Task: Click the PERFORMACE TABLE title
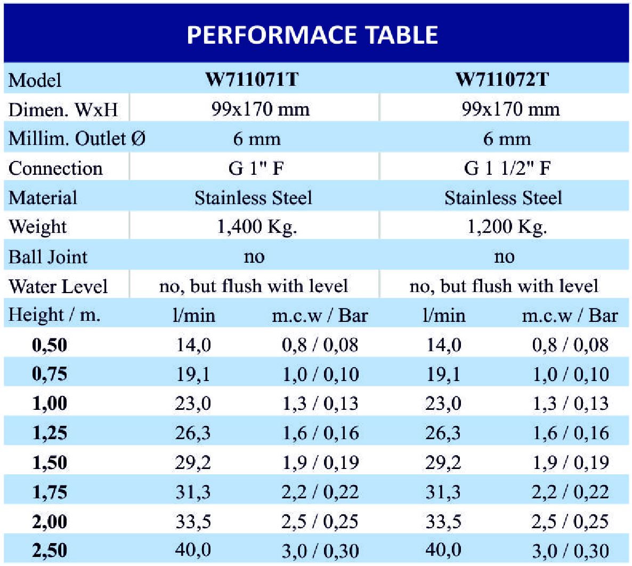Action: coord(312,35)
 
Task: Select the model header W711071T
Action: coord(252,79)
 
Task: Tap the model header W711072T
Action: coord(502,79)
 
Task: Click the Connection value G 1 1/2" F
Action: coord(507,168)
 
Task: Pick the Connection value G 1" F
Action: coord(256,168)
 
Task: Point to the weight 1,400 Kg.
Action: coord(257,227)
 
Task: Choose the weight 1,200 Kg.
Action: coord(507,227)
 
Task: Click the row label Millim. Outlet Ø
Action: coord(77,139)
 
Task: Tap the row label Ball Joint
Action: coord(48,257)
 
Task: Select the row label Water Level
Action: coord(58,287)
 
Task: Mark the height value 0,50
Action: coord(50,345)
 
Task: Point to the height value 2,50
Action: coord(50,551)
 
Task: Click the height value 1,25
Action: coord(50,433)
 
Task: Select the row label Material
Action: coord(43,198)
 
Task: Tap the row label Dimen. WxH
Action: coord(63,110)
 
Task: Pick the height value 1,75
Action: coord(50,492)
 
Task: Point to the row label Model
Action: coord(35,80)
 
